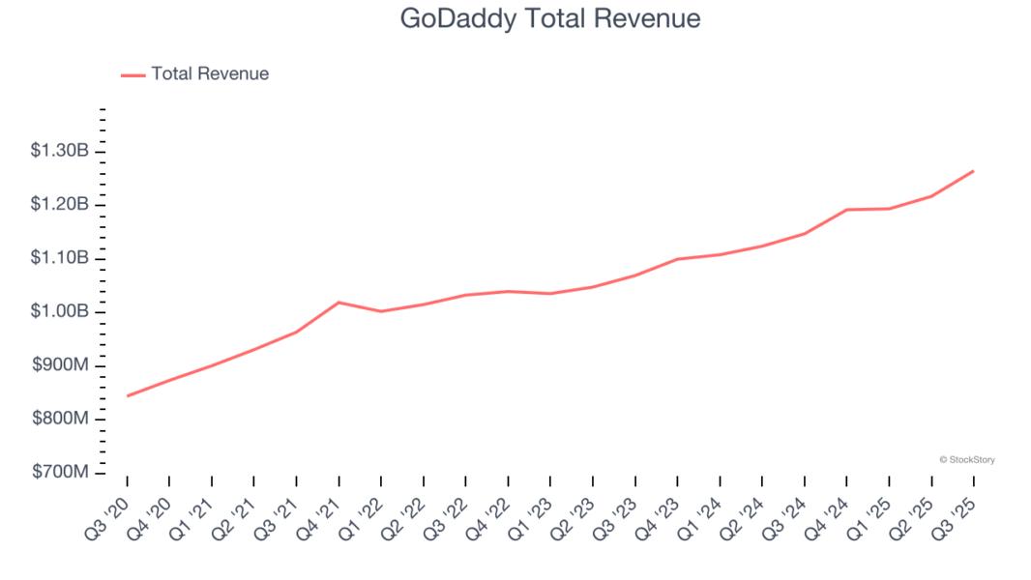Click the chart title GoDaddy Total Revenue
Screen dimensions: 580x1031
coord(549,19)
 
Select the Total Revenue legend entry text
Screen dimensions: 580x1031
coord(210,73)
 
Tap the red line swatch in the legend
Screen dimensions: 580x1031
coord(133,74)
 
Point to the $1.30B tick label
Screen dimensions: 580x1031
coord(60,151)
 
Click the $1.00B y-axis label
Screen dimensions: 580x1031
coord(60,312)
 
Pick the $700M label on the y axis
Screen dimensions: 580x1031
coord(60,473)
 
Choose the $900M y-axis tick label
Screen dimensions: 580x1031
coord(60,365)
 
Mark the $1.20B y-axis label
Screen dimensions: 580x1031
coord(60,205)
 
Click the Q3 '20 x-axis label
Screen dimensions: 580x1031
coord(110,513)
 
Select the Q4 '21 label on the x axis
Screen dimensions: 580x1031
coord(322,513)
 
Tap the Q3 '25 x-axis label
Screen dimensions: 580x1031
coord(957,513)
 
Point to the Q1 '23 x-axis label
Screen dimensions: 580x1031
coord(534,513)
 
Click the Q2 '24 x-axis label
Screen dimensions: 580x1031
coord(746,513)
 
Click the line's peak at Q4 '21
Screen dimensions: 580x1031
coord(339,303)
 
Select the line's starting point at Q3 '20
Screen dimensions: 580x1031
coord(128,395)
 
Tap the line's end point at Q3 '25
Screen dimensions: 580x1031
coord(973,171)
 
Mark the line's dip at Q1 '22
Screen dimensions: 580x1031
coord(381,311)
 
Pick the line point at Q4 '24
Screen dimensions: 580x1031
coord(846,210)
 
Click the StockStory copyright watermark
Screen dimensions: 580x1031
coord(966,460)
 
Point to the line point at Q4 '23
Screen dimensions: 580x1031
coord(677,259)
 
